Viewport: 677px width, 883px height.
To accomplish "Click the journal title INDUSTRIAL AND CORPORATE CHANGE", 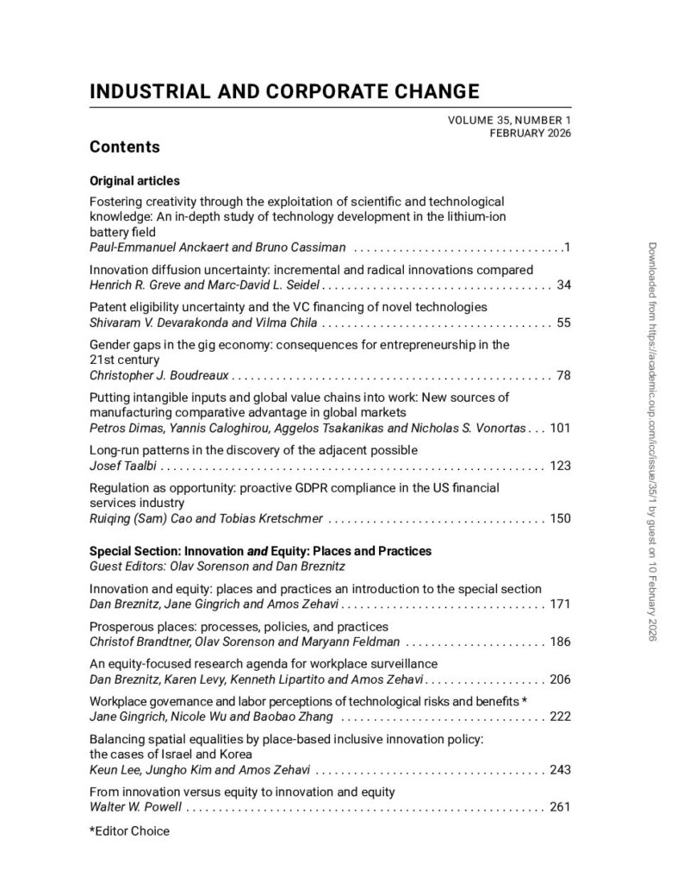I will tap(283, 91).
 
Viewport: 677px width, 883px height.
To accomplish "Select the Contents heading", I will tap(124, 147).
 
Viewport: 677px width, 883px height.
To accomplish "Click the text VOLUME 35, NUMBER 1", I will tap(509, 121).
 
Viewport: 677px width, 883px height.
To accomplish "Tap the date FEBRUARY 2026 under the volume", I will tap(530, 133).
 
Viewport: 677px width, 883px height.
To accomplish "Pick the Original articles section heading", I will tap(134, 181).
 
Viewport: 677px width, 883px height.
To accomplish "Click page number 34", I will tap(564, 284).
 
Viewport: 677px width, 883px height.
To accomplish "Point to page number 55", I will tap(564, 323).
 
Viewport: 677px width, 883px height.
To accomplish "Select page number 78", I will tap(564, 376).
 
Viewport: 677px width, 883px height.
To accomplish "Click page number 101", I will tap(560, 428).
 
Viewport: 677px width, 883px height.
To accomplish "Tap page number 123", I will tap(560, 467).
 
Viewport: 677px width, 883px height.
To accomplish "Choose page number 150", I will tap(560, 519).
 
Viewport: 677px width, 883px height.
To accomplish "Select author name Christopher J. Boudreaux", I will tap(159, 376).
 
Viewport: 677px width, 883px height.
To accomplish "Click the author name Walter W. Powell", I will tap(136, 808).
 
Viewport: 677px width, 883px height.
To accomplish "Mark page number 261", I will tap(560, 808).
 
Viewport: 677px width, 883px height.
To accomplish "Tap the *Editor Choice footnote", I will tap(129, 831).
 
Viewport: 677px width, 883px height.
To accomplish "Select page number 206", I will tap(560, 679).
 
